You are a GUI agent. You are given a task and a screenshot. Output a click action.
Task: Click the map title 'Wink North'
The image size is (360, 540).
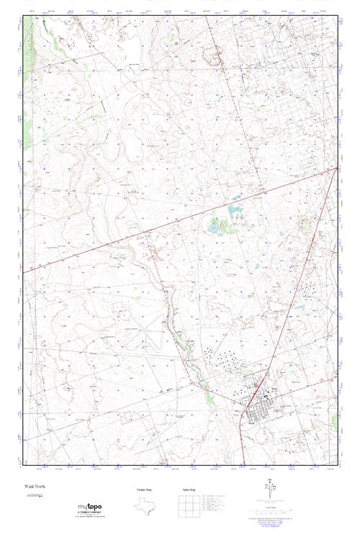point(35,487)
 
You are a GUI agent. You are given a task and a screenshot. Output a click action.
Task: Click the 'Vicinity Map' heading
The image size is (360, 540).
point(145,490)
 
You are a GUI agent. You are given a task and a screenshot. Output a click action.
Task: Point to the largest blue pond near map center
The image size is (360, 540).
point(234,212)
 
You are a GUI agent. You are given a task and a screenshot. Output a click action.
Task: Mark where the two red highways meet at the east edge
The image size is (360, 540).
point(338,168)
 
